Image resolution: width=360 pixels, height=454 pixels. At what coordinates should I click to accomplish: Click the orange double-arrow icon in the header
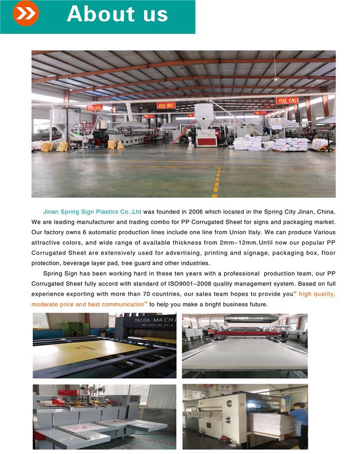click(x=26, y=14)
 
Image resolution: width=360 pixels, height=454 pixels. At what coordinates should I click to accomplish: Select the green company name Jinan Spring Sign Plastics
click(x=86, y=211)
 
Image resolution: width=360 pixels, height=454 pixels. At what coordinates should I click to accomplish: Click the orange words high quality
click(x=317, y=294)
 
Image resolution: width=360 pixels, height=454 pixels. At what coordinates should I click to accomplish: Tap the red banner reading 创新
click(x=166, y=105)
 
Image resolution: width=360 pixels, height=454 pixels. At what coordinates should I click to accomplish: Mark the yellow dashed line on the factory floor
click(x=217, y=182)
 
